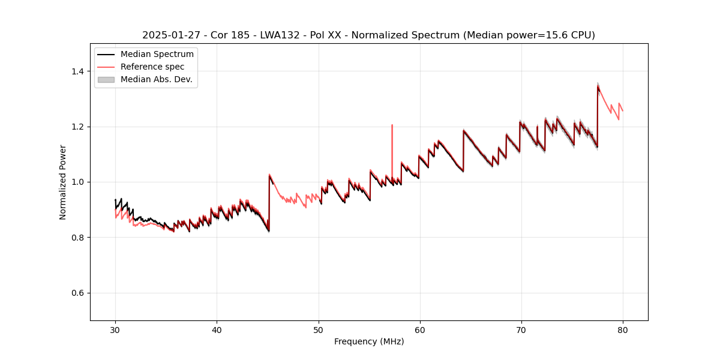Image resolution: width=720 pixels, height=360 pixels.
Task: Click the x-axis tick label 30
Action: (x=116, y=329)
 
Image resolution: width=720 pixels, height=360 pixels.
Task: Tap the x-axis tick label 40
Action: (x=217, y=329)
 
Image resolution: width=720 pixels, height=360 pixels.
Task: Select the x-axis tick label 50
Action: (x=319, y=329)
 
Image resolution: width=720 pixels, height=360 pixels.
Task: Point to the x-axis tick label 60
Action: (x=420, y=329)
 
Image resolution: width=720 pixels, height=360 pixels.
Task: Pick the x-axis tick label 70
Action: (x=521, y=329)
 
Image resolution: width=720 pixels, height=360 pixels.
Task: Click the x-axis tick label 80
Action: (x=623, y=329)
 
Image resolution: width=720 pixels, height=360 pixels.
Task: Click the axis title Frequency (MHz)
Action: (x=369, y=341)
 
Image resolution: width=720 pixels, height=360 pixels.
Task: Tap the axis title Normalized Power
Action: (x=62, y=182)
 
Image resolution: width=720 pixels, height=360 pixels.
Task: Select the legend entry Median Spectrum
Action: (x=157, y=55)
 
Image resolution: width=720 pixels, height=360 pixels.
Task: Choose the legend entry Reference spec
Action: (x=152, y=67)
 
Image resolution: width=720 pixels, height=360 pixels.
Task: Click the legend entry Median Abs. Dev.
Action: (x=156, y=79)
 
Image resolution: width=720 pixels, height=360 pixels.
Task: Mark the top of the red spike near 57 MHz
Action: (x=392, y=125)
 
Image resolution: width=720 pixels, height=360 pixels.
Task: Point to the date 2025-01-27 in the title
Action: (x=169, y=35)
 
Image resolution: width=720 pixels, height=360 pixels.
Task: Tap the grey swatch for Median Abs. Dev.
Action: (x=106, y=79)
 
